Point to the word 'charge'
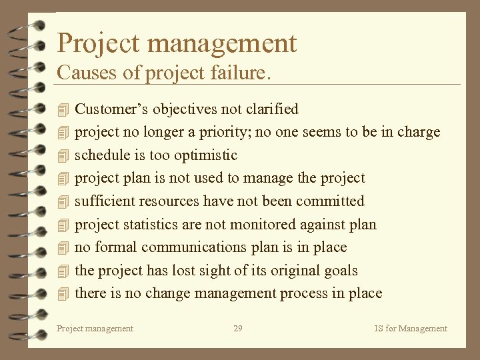(419, 132)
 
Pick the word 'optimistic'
(205, 155)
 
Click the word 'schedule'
(99, 155)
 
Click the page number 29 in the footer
(238, 328)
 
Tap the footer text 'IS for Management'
(411, 328)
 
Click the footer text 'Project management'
(95, 328)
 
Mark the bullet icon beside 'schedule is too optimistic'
(63, 156)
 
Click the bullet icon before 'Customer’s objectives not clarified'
(63, 109)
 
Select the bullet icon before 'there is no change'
(63, 294)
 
